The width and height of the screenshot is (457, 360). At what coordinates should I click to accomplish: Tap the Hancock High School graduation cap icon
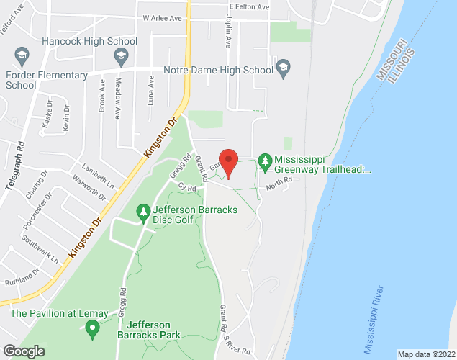point(123,55)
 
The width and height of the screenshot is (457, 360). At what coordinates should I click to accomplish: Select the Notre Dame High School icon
point(284,70)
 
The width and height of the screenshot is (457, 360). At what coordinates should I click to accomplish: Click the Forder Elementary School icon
point(21,54)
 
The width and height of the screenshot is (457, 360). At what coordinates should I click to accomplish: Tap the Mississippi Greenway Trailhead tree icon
point(265,158)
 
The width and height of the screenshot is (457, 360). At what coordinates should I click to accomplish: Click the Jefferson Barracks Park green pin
point(92,329)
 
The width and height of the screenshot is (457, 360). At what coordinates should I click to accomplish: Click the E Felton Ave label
point(249,6)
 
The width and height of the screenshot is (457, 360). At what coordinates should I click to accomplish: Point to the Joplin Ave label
point(227,33)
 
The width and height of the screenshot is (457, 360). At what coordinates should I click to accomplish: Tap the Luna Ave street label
point(151,91)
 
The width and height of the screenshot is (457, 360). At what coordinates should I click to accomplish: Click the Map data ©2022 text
point(426,354)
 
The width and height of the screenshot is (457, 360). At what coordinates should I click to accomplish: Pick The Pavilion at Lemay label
point(59,313)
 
